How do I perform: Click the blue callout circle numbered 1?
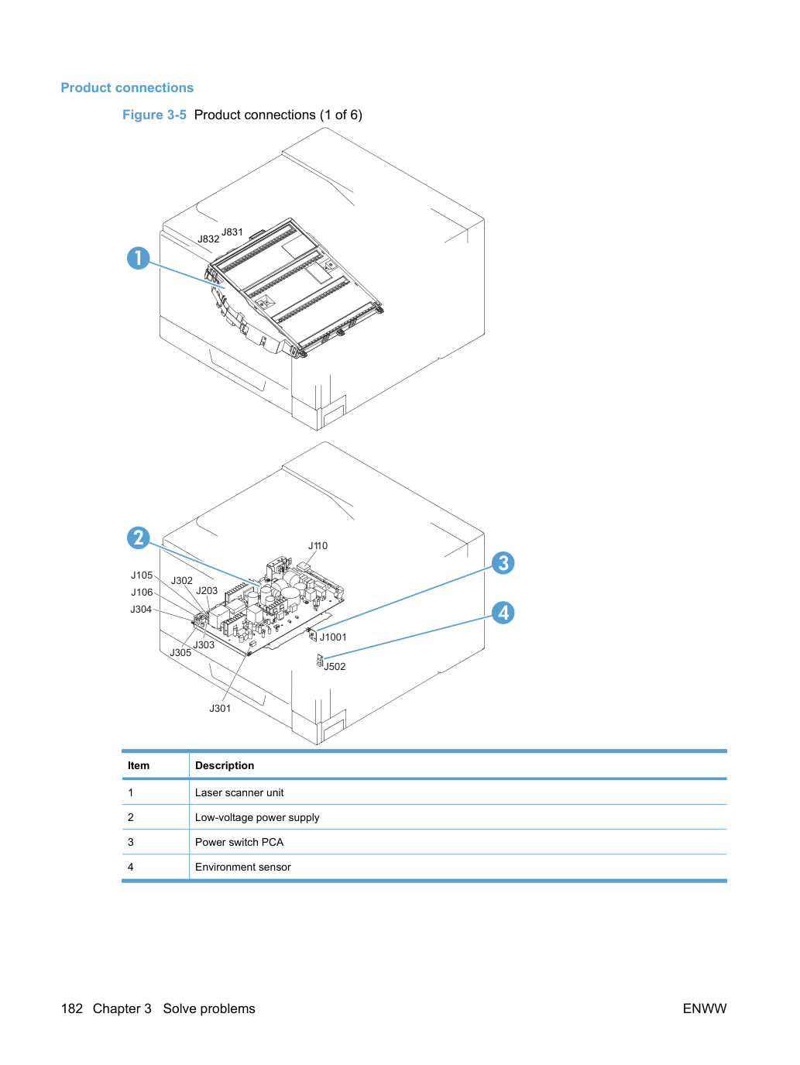139,258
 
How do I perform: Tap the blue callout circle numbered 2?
139,538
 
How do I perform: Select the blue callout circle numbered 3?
503,563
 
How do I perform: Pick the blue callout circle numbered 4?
503,613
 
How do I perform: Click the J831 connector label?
232,232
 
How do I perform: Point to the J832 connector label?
208,239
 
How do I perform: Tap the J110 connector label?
318,545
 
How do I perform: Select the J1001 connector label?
333,637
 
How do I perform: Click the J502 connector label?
335,666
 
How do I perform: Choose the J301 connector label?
220,708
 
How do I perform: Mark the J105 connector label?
142,575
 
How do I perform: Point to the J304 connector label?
141,609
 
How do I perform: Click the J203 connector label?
207,590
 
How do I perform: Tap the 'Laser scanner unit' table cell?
239,792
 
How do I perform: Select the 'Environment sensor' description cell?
242,867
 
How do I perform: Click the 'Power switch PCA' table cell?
239,842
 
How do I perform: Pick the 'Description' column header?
225,765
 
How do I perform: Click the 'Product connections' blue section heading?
127,88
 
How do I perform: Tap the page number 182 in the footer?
72,1008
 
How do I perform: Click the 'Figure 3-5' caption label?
154,115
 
